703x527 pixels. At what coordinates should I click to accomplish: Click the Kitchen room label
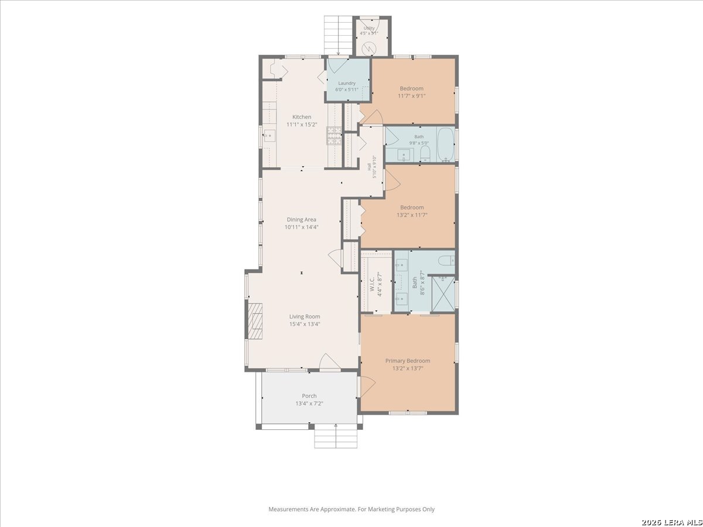(302, 117)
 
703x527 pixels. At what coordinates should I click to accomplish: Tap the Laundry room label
(347, 83)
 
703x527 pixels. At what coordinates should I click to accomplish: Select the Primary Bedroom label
(408, 361)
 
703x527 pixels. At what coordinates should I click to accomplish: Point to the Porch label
(309, 396)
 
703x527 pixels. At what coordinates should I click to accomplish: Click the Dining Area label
(301, 220)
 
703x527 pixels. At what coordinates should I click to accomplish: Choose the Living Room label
(305, 317)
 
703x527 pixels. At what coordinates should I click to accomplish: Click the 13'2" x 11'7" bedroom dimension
(412, 215)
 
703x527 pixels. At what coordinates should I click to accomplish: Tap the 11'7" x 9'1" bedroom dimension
(412, 96)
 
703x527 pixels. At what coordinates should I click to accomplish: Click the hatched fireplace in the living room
(254, 321)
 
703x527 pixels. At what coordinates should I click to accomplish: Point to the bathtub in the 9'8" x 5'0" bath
(445, 144)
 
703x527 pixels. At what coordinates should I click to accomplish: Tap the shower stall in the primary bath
(443, 294)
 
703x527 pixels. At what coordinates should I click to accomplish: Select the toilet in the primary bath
(446, 261)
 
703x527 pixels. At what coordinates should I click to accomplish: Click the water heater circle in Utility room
(368, 49)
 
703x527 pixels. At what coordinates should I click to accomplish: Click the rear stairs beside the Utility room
(338, 36)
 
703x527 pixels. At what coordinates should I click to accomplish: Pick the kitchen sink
(269, 136)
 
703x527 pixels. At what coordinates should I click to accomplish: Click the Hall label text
(369, 167)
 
